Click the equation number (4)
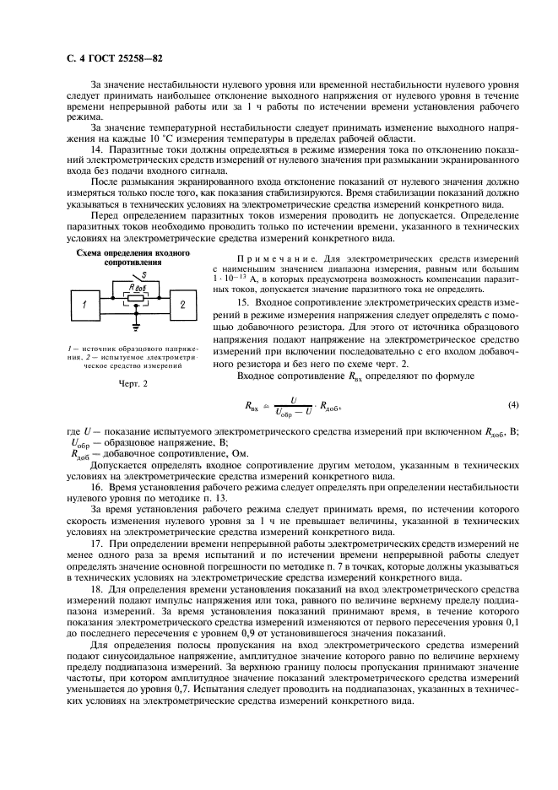(512, 404)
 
